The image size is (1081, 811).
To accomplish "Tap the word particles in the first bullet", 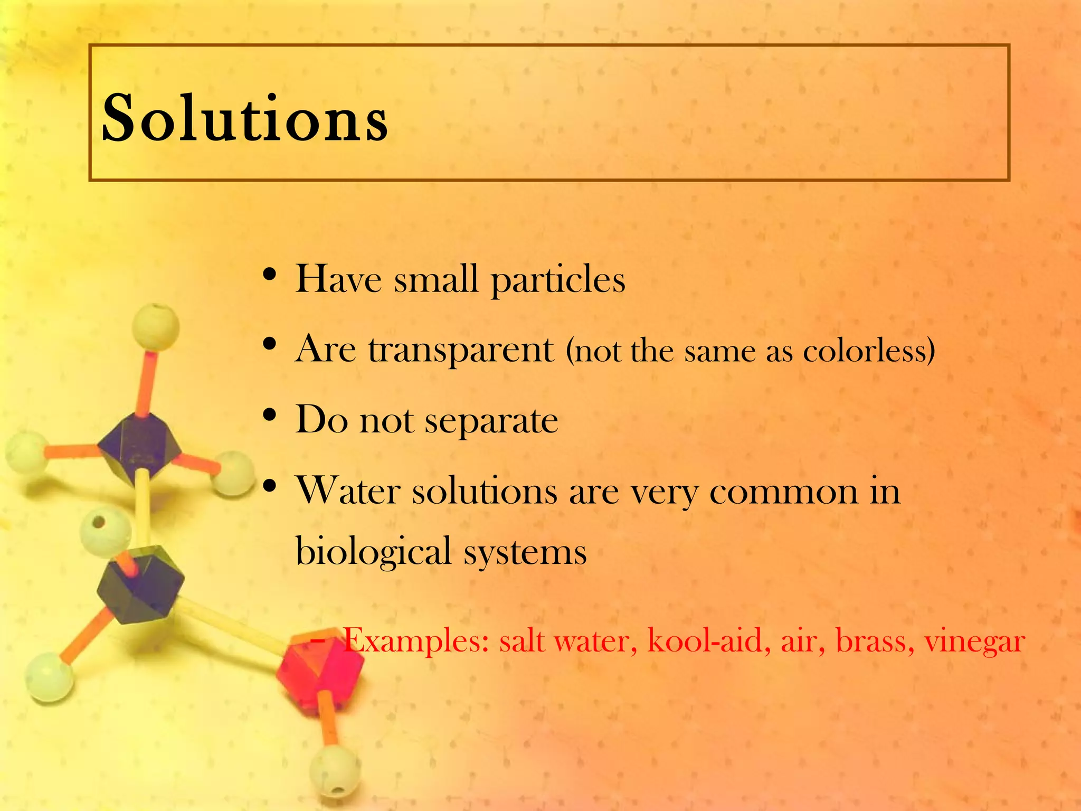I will tap(558, 280).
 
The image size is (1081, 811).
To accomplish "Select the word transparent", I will tap(461, 350).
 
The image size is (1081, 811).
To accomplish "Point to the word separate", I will tap(491, 421).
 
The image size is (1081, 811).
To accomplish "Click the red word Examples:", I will tap(416, 642).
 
